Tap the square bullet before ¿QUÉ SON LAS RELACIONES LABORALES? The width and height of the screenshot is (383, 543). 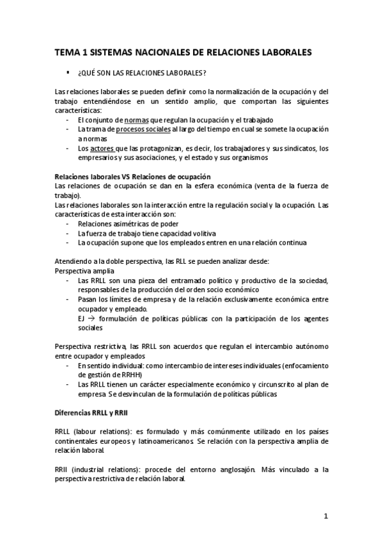[68, 72]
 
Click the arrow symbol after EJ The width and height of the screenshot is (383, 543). [91, 318]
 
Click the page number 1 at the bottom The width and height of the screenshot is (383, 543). [325, 515]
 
